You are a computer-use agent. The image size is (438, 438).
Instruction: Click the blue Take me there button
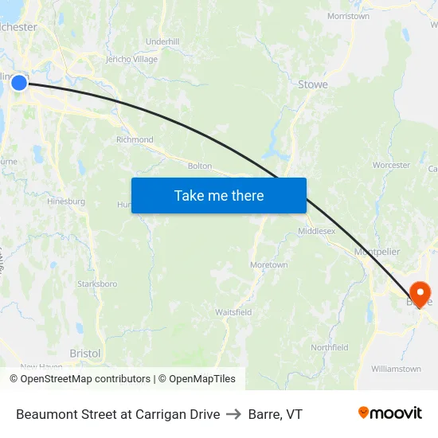coord(219,195)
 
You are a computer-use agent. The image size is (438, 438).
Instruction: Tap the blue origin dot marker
coord(20,82)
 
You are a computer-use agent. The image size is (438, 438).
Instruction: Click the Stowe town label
coord(312,84)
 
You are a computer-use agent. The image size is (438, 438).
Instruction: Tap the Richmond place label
coord(135,140)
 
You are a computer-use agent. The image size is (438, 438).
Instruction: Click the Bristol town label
coord(85,353)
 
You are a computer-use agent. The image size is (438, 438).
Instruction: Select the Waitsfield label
coord(233,312)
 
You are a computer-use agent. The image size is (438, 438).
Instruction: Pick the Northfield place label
coord(330,347)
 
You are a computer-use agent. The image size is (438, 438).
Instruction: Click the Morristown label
coord(348,16)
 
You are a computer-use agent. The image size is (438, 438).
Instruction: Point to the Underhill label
coord(162,41)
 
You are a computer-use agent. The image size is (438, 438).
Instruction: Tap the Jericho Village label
coord(131,59)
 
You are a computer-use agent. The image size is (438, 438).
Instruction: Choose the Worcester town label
coord(391,166)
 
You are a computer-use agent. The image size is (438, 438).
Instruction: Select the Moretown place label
coord(268,264)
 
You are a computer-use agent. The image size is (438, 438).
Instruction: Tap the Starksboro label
coord(97,284)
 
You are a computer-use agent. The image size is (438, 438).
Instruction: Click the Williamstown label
coord(396,369)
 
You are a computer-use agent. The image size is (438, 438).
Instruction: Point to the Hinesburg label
coord(66,201)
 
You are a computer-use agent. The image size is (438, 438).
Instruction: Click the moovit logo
coord(389,413)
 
